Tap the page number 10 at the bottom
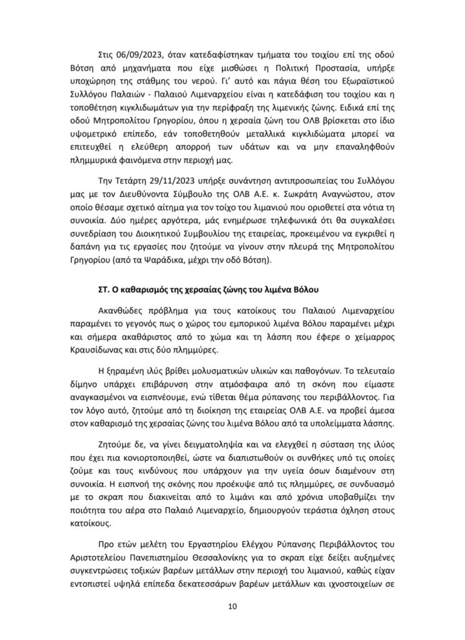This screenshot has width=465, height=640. tap(232, 605)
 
